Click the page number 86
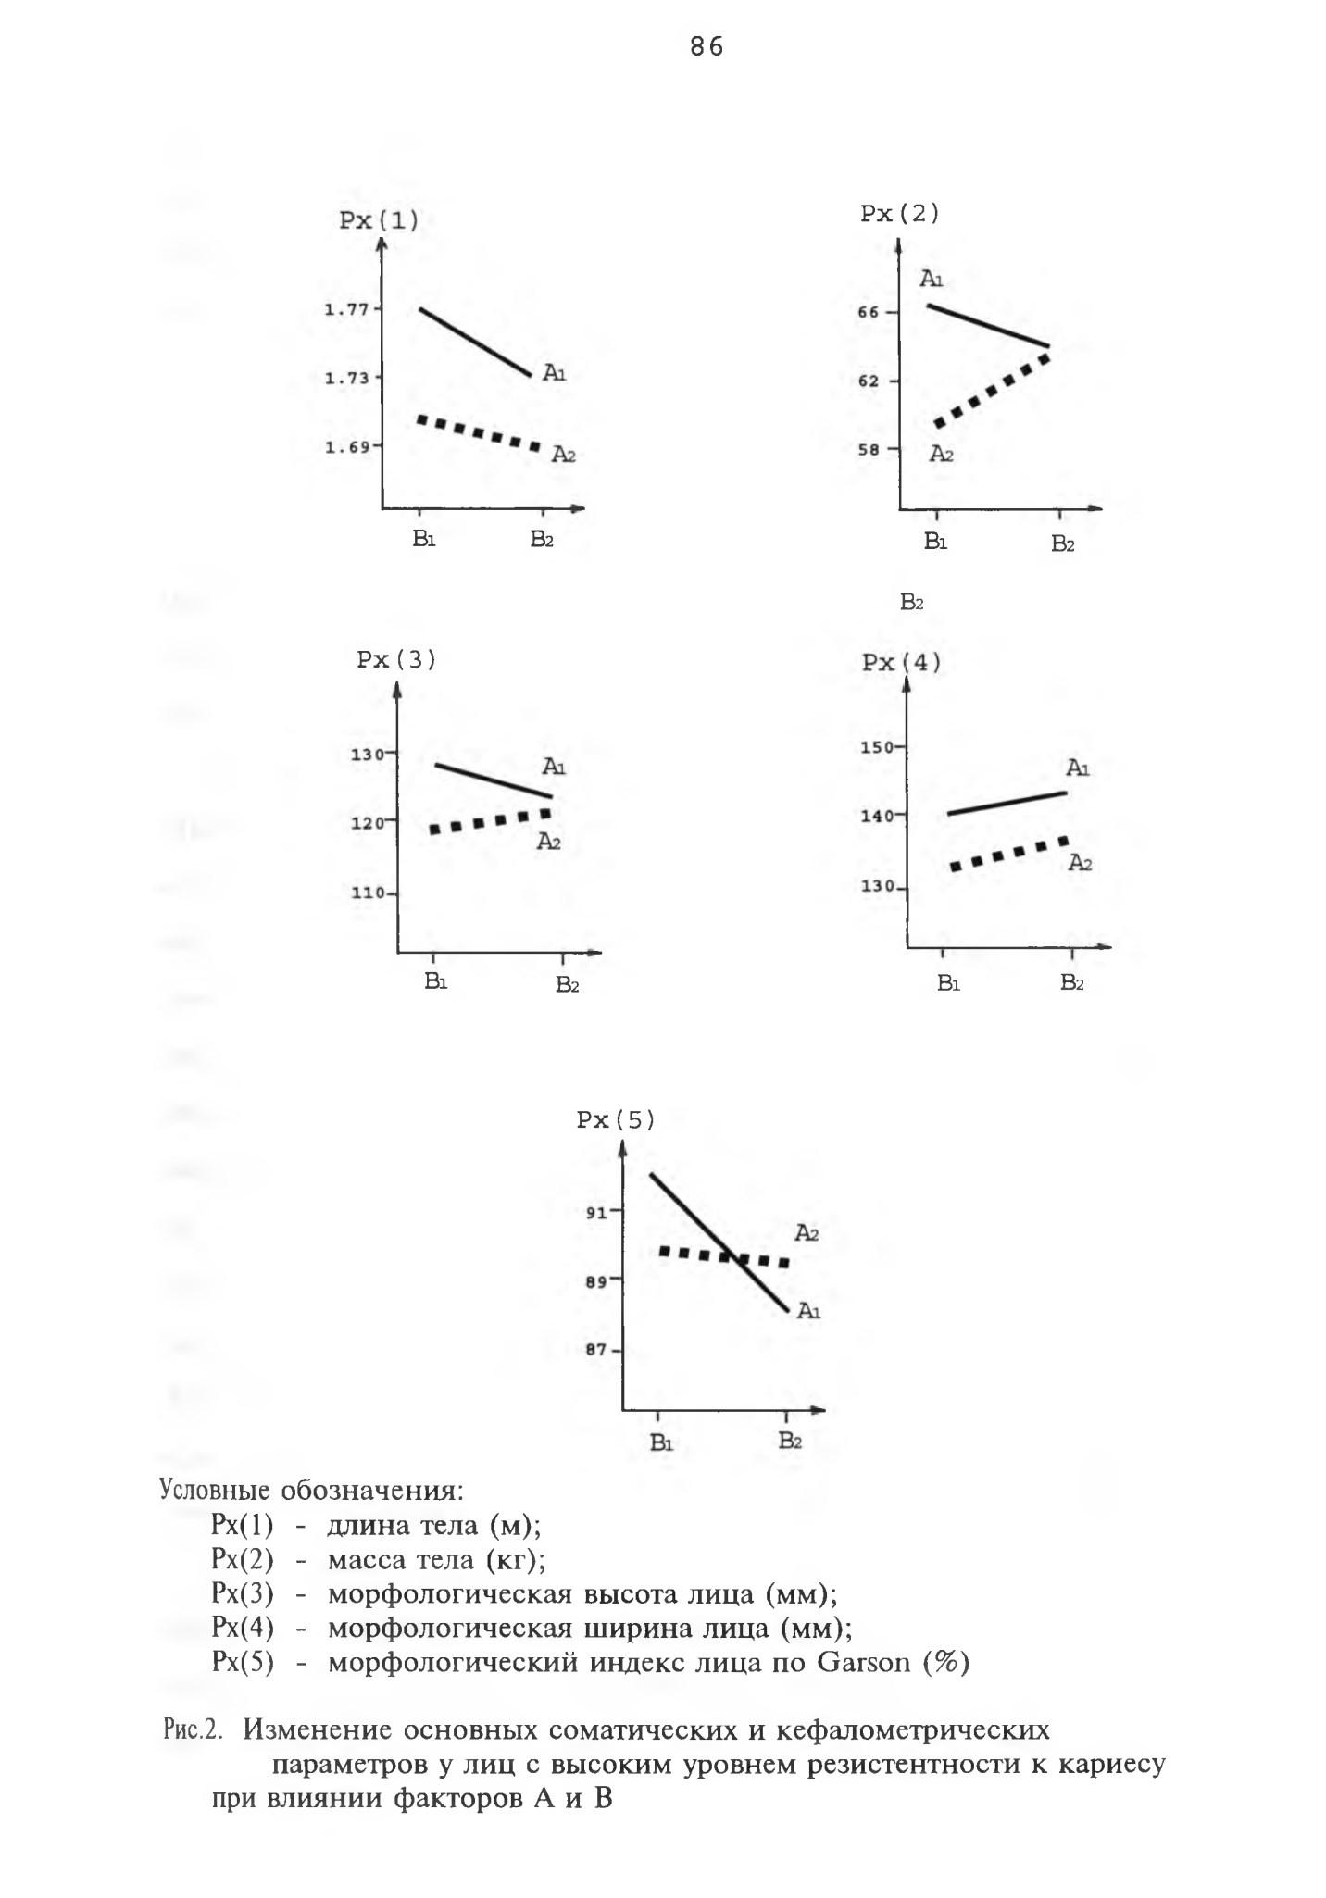[x=707, y=47]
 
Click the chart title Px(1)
[x=378, y=221]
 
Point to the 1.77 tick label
[x=346, y=309]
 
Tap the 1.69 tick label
[x=346, y=447]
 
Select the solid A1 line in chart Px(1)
[x=475, y=342]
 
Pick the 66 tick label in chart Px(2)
[x=868, y=313]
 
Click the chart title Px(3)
[x=396, y=660]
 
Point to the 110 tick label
[x=366, y=893]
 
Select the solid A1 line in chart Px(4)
[x=1007, y=803]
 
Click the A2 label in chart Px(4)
[x=1080, y=863]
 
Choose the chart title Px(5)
[x=616, y=1120]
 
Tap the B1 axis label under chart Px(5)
[x=660, y=1442]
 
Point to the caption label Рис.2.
[x=193, y=1730]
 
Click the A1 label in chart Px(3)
[x=554, y=767]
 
